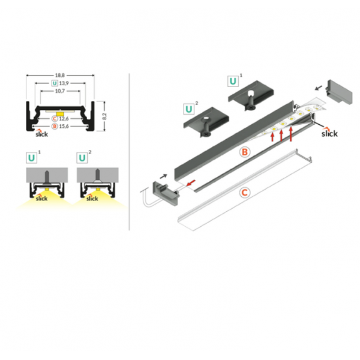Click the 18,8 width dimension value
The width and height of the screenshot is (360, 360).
pos(59,75)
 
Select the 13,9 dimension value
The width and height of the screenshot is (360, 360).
pos(64,83)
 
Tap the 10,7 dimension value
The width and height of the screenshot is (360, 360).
pos(59,91)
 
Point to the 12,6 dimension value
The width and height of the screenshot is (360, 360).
pos(64,119)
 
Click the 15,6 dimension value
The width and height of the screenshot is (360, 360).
pos(64,126)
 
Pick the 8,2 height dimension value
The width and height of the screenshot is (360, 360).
pos(104,116)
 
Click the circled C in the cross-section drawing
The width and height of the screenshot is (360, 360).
pos(55,119)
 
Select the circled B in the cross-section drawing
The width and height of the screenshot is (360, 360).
pos(55,126)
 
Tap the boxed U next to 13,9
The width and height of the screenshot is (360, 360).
pos(55,83)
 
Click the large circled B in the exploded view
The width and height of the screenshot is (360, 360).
pos(245,152)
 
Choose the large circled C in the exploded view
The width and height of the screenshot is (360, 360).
pos(245,193)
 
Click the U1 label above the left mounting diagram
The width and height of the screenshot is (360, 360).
pos(33,157)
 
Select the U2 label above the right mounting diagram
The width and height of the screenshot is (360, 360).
pos(84,157)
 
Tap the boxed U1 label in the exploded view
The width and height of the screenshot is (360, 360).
pos(235,80)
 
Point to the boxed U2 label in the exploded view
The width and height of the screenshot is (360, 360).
pos(191,109)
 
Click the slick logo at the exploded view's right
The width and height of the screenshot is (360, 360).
pos(329,133)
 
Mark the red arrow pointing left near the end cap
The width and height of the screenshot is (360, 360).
pos(191,183)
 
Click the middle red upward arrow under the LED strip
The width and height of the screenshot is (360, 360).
pos(281,136)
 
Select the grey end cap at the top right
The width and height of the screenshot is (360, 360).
pos(339,92)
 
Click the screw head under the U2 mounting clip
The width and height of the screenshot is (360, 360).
pos(205,134)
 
